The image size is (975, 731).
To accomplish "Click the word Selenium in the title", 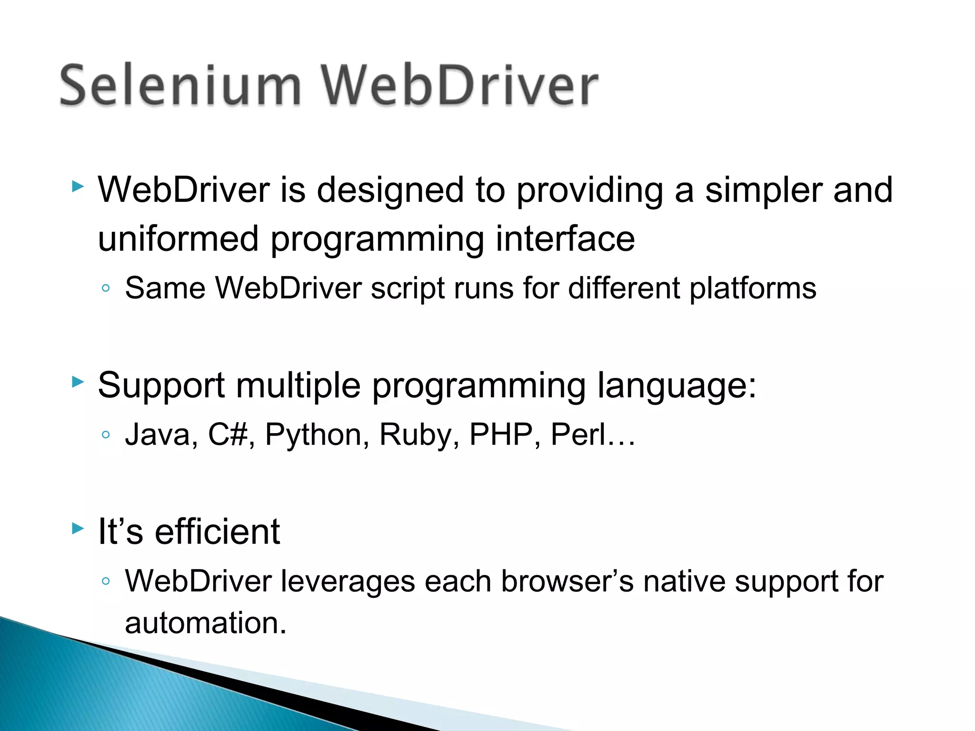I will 180,86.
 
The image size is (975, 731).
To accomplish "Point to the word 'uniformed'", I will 178,238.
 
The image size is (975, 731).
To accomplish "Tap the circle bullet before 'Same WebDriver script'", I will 106,288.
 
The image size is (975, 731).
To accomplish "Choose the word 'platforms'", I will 753,289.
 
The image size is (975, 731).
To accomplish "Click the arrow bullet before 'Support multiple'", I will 78,381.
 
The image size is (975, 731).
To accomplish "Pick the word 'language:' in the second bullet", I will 677,386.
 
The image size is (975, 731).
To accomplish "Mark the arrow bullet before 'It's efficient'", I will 78,528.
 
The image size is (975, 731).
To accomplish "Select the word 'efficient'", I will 218,532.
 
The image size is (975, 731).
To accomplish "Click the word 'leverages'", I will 348,582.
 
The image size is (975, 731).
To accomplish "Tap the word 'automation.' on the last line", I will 206,623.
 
